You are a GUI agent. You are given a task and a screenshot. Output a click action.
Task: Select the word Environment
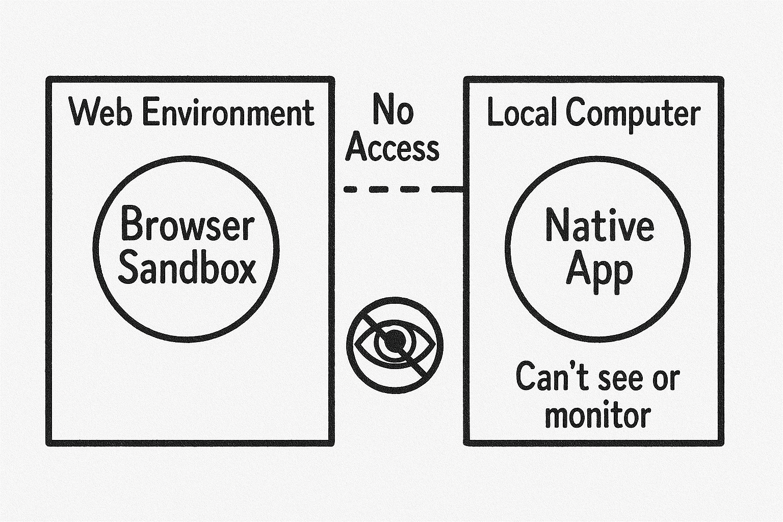tap(228, 113)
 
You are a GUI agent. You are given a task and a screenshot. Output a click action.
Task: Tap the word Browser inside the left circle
tap(187, 225)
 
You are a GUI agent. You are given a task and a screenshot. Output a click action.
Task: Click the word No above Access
tap(392, 110)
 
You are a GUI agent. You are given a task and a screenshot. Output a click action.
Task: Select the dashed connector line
tap(403, 190)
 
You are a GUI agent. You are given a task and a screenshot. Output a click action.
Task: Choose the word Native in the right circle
tap(599, 225)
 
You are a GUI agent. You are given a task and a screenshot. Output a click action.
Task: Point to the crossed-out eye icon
tap(395, 345)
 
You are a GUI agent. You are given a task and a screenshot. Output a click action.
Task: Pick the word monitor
tap(598, 415)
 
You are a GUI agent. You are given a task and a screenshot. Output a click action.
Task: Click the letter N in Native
tap(556, 225)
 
